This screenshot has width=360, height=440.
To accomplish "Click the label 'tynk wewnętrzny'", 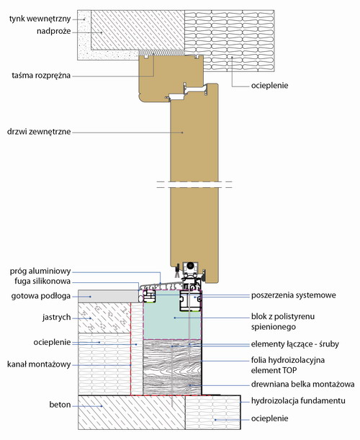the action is (40, 19).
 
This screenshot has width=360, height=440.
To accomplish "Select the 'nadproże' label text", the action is (53, 31).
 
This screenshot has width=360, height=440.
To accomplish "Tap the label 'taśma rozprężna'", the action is (41, 76).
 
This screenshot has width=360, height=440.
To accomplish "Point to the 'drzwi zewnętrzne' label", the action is (39, 132).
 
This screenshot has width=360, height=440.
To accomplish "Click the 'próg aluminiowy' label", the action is (40, 271).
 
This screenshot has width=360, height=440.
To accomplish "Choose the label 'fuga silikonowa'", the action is (42, 282).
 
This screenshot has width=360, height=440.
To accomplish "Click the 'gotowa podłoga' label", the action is (41, 296).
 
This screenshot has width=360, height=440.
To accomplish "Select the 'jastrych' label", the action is (56, 318).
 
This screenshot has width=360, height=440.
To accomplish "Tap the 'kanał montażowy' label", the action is (39, 364).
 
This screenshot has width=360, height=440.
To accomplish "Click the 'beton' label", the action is (60, 405).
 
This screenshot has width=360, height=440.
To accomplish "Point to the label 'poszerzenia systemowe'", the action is (293, 295).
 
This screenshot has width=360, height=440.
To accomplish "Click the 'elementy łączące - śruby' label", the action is (295, 344).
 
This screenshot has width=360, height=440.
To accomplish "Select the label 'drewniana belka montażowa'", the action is (302, 384).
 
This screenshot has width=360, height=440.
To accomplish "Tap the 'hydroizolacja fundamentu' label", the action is (298, 400).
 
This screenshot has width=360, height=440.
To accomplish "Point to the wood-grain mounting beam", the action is (172, 367).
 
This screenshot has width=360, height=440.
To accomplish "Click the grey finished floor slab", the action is (108, 296).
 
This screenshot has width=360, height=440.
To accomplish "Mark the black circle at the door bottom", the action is (191, 265).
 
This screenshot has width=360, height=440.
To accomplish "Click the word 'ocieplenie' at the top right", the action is (270, 86).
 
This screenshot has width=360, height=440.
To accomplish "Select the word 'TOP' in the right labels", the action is (289, 370).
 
